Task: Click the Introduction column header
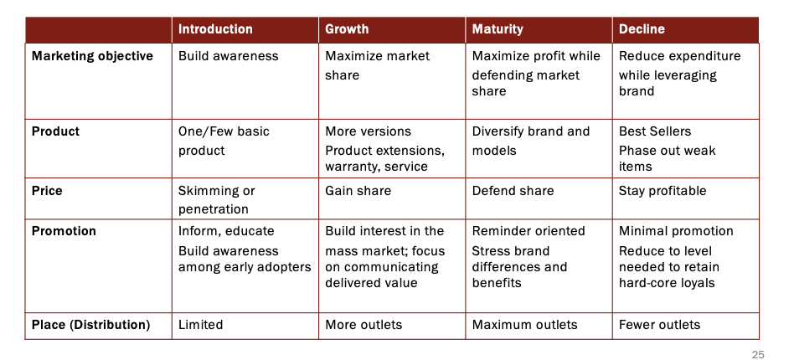[x=215, y=29]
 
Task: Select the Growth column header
[x=347, y=29]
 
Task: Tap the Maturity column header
[x=498, y=29]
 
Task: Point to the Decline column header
[x=642, y=29]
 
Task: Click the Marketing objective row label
[x=92, y=56]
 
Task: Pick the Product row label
[x=56, y=131]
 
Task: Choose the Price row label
[x=47, y=191]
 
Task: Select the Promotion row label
[x=64, y=231]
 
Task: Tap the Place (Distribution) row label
[x=91, y=325]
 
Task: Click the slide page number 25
[x=758, y=355]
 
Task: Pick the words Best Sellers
[x=655, y=131]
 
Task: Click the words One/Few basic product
[x=224, y=141]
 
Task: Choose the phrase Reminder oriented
[x=528, y=231]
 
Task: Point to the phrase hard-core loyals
[x=667, y=283]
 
